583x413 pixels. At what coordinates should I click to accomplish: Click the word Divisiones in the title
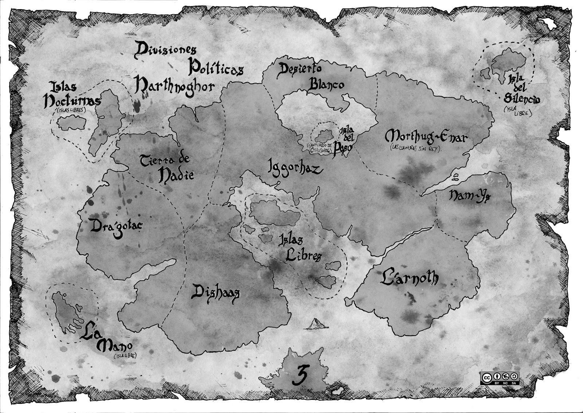tap(166, 50)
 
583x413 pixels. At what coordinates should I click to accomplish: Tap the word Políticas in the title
tap(216, 68)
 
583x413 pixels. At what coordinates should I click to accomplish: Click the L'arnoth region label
tap(409, 278)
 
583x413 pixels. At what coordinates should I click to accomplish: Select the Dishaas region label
tap(215, 293)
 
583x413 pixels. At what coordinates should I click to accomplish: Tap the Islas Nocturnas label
tap(72, 96)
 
